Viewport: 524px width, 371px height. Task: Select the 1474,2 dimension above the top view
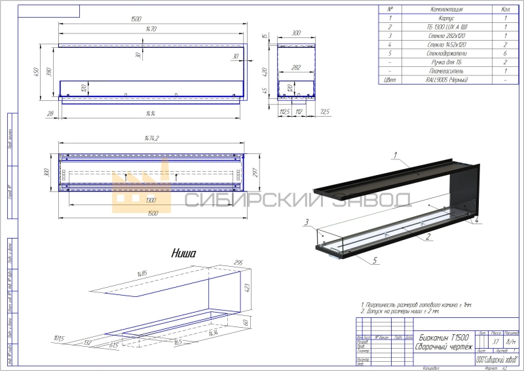pos(152,138)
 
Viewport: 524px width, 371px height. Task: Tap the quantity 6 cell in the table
pos(506,53)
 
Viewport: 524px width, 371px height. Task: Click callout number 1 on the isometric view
pos(395,155)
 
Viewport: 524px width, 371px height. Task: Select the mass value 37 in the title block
pos(495,342)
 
